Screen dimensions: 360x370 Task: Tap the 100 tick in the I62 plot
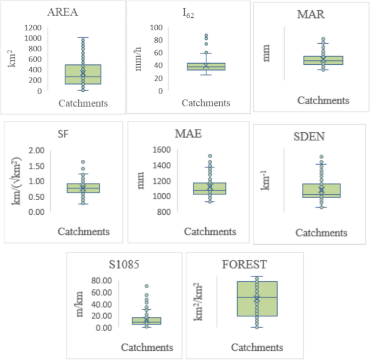pos(157,28)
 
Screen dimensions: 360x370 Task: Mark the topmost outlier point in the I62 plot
pos(206,36)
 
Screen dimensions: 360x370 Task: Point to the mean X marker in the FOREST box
pos(257,298)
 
